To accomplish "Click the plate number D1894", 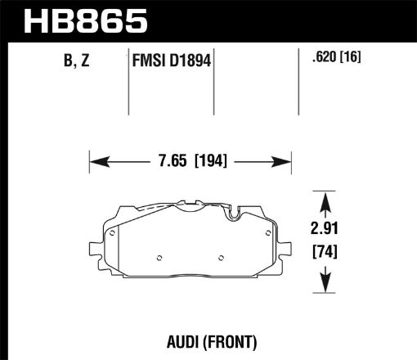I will pyautogui.click(x=194, y=61).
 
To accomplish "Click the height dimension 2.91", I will pyautogui.click(x=327, y=232).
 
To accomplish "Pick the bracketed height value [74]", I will pyautogui.click(x=327, y=253).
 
